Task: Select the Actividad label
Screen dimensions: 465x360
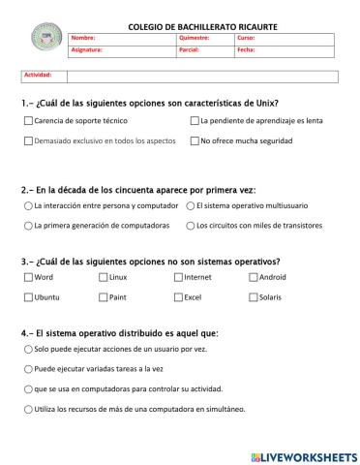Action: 38,75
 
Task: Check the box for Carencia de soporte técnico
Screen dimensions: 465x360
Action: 27,121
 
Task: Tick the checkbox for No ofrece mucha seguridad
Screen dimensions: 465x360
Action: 195,140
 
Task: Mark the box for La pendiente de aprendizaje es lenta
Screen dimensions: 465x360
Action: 195,121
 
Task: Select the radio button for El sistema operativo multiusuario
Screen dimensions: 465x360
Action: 189,206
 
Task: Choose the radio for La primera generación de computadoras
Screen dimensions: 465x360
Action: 27,226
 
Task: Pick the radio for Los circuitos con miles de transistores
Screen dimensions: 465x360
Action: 189,226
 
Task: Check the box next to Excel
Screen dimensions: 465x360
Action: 178,297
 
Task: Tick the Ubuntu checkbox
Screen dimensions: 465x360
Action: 27,297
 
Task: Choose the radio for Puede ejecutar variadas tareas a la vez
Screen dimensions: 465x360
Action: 27,369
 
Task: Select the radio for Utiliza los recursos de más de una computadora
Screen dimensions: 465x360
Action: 27,408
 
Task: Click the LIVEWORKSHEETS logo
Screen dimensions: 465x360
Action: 304,455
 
